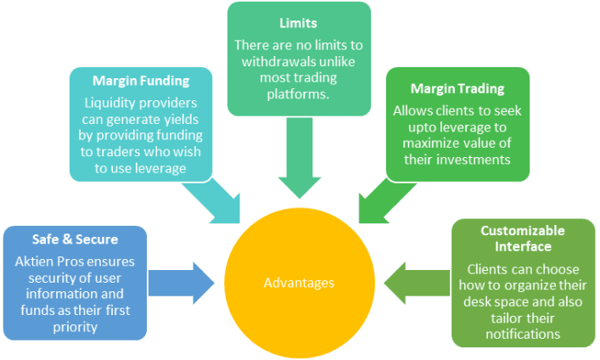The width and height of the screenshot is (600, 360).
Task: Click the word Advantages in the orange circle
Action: pyautogui.click(x=299, y=282)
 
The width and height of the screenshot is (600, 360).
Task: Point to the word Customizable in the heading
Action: pyautogui.click(x=522, y=230)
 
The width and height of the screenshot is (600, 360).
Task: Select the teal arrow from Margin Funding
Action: pyautogui.click(x=215, y=198)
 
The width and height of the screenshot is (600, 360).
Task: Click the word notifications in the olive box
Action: pyautogui.click(x=521, y=334)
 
